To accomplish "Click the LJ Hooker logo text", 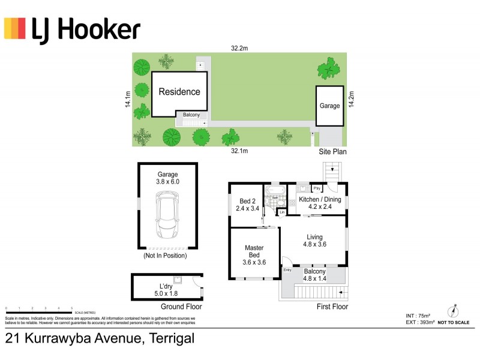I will pyautogui.click(x=85, y=29).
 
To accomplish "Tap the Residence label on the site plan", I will pyautogui.click(x=179, y=92).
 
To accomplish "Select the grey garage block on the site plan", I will pyautogui.click(x=329, y=106).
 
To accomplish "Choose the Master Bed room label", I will pyautogui.click(x=254, y=251).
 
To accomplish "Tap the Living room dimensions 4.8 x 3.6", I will pyautogui.click(x=315, y=244).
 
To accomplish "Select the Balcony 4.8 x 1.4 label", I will pyautogui.click(x=314, y=275).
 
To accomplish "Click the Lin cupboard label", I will pyautogui.click(x=281, y=212).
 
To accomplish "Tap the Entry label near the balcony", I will pyautogui.click(x=287, y=270).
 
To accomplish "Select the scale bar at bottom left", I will pyautogui.click(x=39, y=311).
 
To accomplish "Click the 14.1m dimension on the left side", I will pyautogui.click(x=127, y=99).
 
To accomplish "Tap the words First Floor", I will pyautogui.click(x=331, y=307).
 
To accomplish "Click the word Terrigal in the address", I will pyautogui.click(x=169, y=338).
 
